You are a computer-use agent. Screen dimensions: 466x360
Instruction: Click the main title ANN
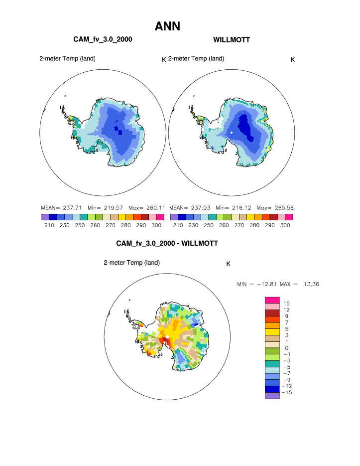167,26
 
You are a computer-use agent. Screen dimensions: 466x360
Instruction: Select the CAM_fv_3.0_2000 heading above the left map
103,39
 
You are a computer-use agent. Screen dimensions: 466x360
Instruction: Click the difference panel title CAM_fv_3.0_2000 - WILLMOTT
167,243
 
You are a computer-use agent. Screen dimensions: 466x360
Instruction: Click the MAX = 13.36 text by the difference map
301,284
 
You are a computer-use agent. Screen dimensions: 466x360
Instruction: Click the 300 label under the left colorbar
156,225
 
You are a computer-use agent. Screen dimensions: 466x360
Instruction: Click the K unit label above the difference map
228,264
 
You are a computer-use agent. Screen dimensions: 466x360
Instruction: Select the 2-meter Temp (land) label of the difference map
131,262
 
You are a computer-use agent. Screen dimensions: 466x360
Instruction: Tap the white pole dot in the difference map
168,337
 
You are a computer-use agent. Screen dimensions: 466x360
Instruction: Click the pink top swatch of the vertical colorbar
272,300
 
